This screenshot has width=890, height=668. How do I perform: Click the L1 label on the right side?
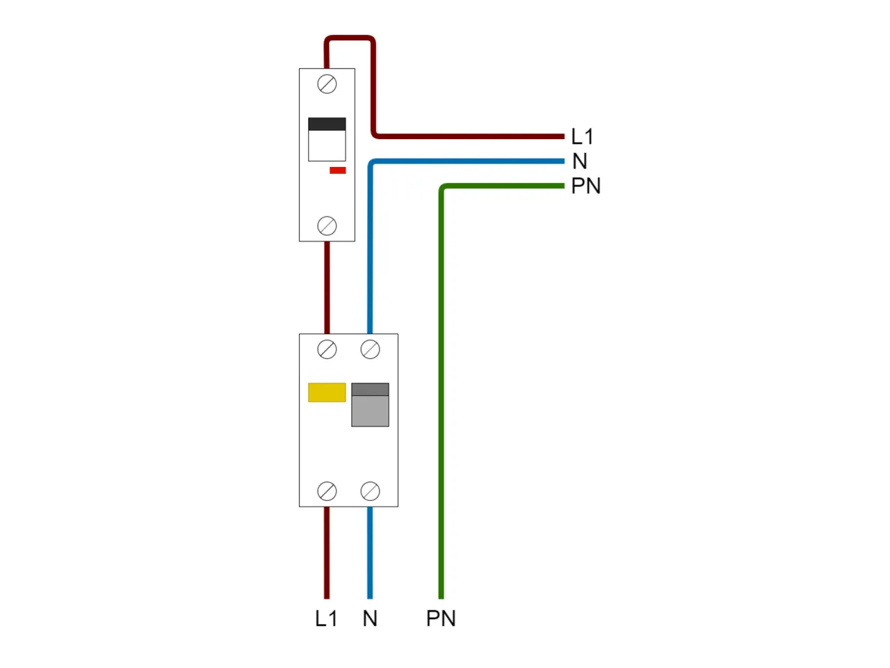pos(582,136)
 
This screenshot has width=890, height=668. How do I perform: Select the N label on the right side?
pos(580,161)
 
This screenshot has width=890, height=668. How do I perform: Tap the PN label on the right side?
pos(585,186)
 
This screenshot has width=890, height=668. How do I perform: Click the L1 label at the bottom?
pos(326,618)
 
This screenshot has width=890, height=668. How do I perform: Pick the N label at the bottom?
pos(370,618)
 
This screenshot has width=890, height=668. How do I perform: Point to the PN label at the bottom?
pos(441,618)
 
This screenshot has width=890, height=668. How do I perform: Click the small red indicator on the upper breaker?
pos(337,170)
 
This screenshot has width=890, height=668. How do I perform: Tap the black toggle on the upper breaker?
pos(327,125)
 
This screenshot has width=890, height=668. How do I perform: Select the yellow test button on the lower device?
pos(327,392)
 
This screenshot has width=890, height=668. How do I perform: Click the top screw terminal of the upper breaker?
pos(327,84)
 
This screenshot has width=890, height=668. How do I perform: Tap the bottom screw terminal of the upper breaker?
pos(327,226)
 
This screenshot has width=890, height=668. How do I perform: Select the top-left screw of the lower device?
pos(327,349)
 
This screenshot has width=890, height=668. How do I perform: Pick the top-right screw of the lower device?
pos(370,349)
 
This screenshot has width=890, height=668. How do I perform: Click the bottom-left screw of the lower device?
pos(327,491)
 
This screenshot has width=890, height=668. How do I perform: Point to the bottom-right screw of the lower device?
pos(370,491)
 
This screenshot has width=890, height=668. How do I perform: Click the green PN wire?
pos(441,390)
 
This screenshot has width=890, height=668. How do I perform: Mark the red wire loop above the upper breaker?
pos(350,38)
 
